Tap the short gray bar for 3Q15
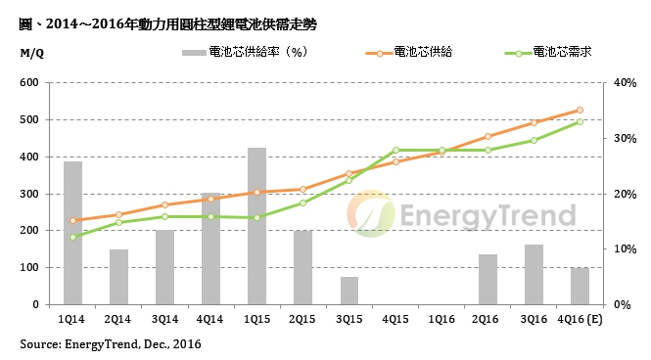coord(349,291)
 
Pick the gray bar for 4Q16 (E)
coord(580,286)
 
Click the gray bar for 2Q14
coord(118,277)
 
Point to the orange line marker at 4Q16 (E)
coord(580,111)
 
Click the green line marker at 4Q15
coord(395,150)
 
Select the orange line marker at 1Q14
coord(72,220)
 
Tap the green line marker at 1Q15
coord(256,217)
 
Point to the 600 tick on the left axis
coord(29,83)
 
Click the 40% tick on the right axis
coord(624,83)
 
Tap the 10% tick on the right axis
coord(624,248)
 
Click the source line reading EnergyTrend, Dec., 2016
coord(111,344)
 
